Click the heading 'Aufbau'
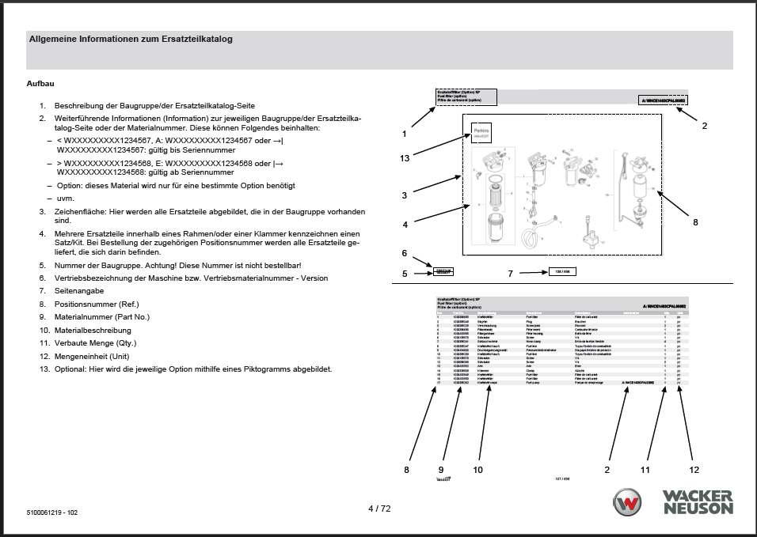tap(40, 83)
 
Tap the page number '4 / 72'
tap(379, 509)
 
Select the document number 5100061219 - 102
tap(52, 512)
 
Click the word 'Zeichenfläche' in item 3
tap(78, 211)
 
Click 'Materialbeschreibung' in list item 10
tap(93, 330)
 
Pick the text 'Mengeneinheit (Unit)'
tap(91, 356)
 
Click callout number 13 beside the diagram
tap(405, 158)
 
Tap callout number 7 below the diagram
tap(512, 274)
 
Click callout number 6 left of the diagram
tap(404, 254)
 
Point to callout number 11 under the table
tap(645, 469)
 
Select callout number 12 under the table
tap(694, 469)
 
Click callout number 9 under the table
tap(442, 469)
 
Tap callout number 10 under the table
tap(477, 469)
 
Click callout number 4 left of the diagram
tap(405, 225)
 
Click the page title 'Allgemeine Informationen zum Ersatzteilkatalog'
tap(131, 38)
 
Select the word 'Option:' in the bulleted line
tap(70, 185)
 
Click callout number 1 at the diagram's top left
tap(404, 134)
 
